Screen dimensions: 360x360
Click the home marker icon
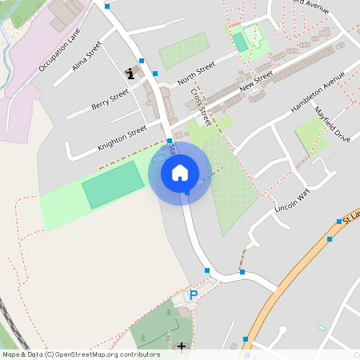180,172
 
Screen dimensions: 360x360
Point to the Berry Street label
110,99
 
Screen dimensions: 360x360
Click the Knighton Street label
122,137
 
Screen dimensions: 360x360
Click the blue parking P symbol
193,295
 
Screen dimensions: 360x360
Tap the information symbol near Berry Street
130,74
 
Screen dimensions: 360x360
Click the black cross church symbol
182,346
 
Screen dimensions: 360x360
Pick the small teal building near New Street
240,42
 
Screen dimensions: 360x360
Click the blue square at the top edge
107,6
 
